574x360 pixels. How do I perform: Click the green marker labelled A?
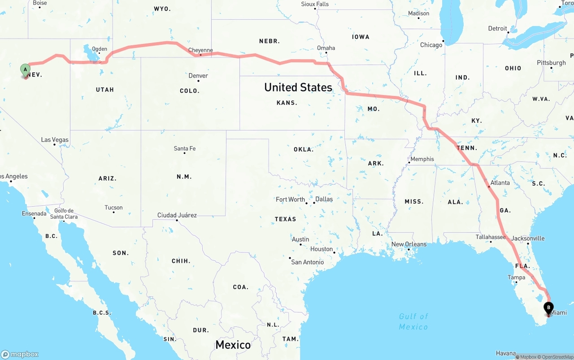tap(26, 70)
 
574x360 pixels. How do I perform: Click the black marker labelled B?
tap(548, 308)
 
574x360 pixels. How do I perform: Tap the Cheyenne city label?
tap(200, 50)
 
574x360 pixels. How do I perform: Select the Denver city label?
tap(198, 75)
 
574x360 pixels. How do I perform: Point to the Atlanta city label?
tap(500, 182)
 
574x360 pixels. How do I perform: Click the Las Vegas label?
tap(55, 139)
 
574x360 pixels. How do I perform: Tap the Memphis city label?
tap(422, 159)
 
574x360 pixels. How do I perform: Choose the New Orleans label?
tap(409, 244)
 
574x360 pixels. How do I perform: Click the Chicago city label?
tap(431, 45)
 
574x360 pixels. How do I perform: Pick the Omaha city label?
tap(326, 48)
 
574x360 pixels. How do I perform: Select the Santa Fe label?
tap(185, 148)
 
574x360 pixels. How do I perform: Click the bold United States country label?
tap(298, 87)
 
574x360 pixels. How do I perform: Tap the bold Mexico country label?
tap(233, 345)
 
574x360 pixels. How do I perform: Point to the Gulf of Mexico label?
tap(413, 321)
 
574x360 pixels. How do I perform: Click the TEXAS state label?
tap(286, 219)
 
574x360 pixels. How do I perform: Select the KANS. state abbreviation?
tap(287, 103)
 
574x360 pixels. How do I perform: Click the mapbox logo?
tap(20, 354)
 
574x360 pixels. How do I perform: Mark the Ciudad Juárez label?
tap(177, 215)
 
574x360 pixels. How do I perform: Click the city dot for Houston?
tap(335, 252)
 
